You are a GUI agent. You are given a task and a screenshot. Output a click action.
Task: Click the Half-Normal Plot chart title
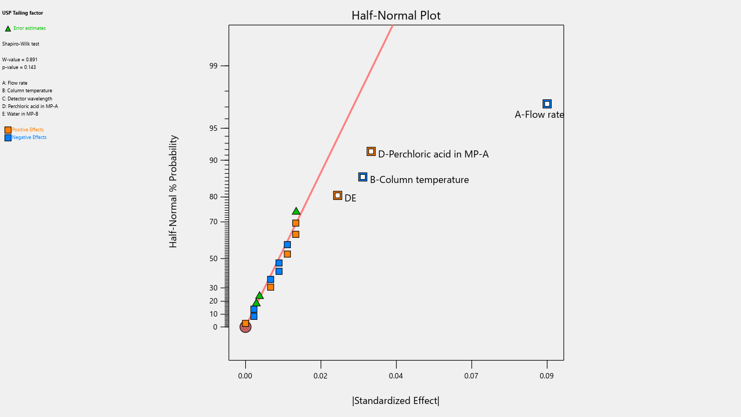coord(396,16)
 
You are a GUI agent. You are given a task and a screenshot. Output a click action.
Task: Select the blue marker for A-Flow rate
coord(547,104)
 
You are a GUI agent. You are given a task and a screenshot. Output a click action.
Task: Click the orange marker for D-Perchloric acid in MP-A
coord(371,151)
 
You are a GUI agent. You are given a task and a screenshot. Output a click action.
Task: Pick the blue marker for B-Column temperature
coord(363,177)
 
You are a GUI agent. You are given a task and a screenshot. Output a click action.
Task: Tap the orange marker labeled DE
coord(337,195)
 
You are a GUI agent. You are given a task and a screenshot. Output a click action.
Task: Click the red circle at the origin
coord(245,327)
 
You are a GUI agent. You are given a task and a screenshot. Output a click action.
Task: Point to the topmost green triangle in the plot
coord(296,211)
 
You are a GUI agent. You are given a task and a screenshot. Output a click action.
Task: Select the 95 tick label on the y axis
coord(213,129)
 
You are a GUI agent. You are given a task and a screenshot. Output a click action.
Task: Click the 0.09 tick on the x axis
coord(547,376)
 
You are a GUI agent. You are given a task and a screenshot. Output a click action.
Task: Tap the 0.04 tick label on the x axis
coord(396,376)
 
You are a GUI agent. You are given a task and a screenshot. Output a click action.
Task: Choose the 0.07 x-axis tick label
coord(471,376)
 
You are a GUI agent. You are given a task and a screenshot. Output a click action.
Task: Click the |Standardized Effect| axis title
coord(396,401)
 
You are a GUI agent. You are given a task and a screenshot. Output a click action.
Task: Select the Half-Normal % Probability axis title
coord(174,192)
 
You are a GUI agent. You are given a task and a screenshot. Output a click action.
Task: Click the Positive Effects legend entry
coord(28,130)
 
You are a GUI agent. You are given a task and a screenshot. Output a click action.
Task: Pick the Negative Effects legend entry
coord(29,137)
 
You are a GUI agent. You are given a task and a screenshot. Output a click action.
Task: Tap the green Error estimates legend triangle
coord(8,29)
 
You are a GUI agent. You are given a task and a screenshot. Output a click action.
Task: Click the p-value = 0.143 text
coord(19,67)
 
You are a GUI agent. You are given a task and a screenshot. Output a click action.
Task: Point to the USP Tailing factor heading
coord(22,13)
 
